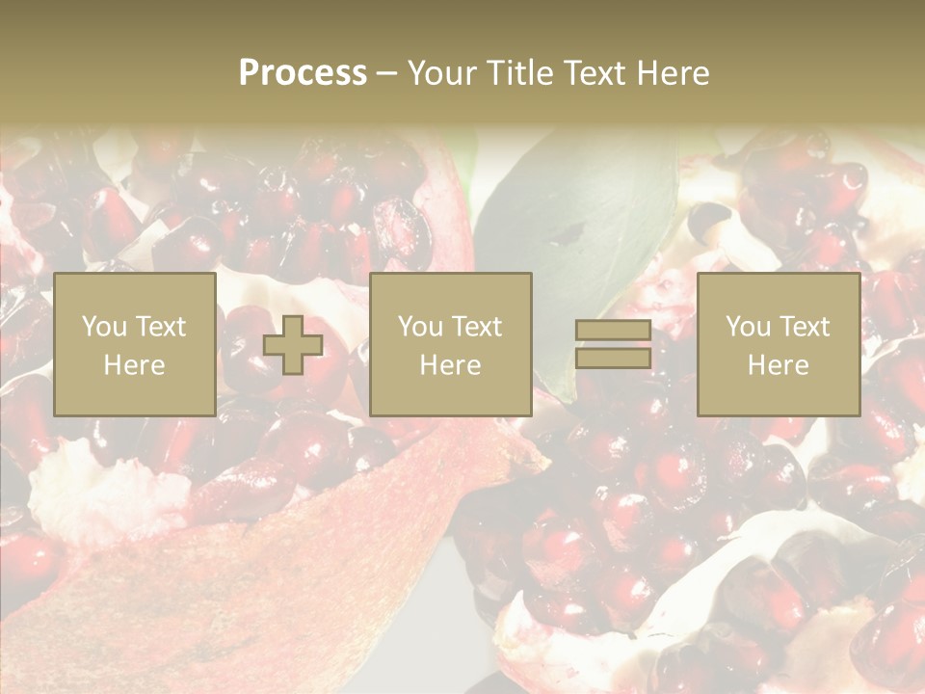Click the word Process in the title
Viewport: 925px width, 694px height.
303,73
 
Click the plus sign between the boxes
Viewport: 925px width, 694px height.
293,345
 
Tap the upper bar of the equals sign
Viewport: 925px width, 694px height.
613,331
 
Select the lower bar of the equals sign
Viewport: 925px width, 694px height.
613,359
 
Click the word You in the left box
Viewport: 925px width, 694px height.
103,327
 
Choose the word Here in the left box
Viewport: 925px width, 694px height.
134,365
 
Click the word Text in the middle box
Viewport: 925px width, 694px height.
476,327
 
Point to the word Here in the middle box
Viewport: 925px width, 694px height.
450,365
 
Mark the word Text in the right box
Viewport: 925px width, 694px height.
804,327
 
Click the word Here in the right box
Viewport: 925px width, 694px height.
778,365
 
